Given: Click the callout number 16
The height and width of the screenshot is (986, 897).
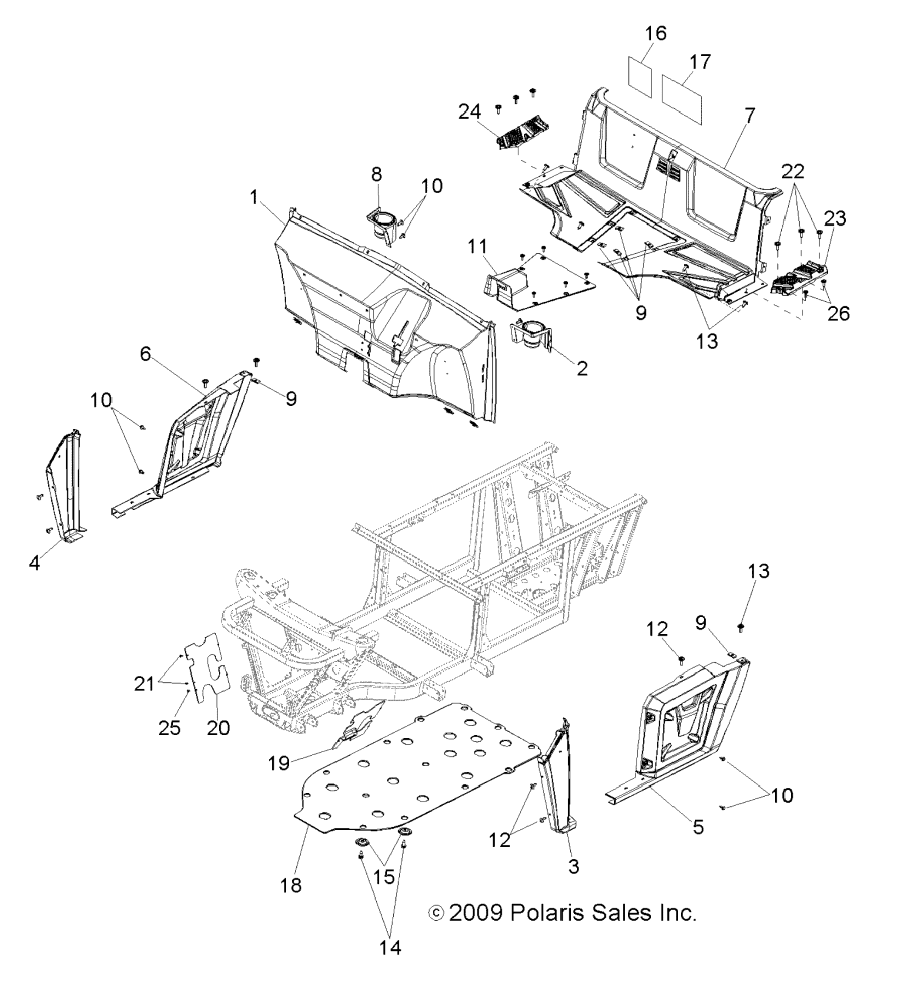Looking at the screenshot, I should [x=656, y=34].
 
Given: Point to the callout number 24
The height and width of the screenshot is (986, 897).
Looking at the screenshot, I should [x=469, y=112].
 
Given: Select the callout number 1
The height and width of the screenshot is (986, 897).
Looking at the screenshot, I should [x=253, y=198].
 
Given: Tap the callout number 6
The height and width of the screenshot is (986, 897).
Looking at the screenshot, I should [x=145, y=354].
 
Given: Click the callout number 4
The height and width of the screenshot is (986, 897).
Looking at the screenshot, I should [x=34, y=563].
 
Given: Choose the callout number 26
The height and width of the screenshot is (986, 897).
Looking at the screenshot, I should [x=838, y=313].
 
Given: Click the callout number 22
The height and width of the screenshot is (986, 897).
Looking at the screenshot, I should [x=793, y=172].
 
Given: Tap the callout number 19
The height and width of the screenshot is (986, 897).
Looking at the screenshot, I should [x=279, y=763].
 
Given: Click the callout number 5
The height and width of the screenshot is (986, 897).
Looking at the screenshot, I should [x=698, y=827].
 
